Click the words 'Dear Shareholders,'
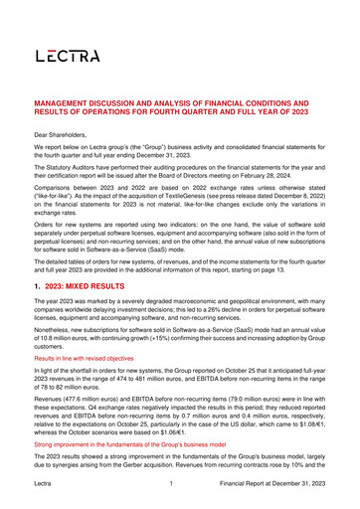click(x=67, y=132)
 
